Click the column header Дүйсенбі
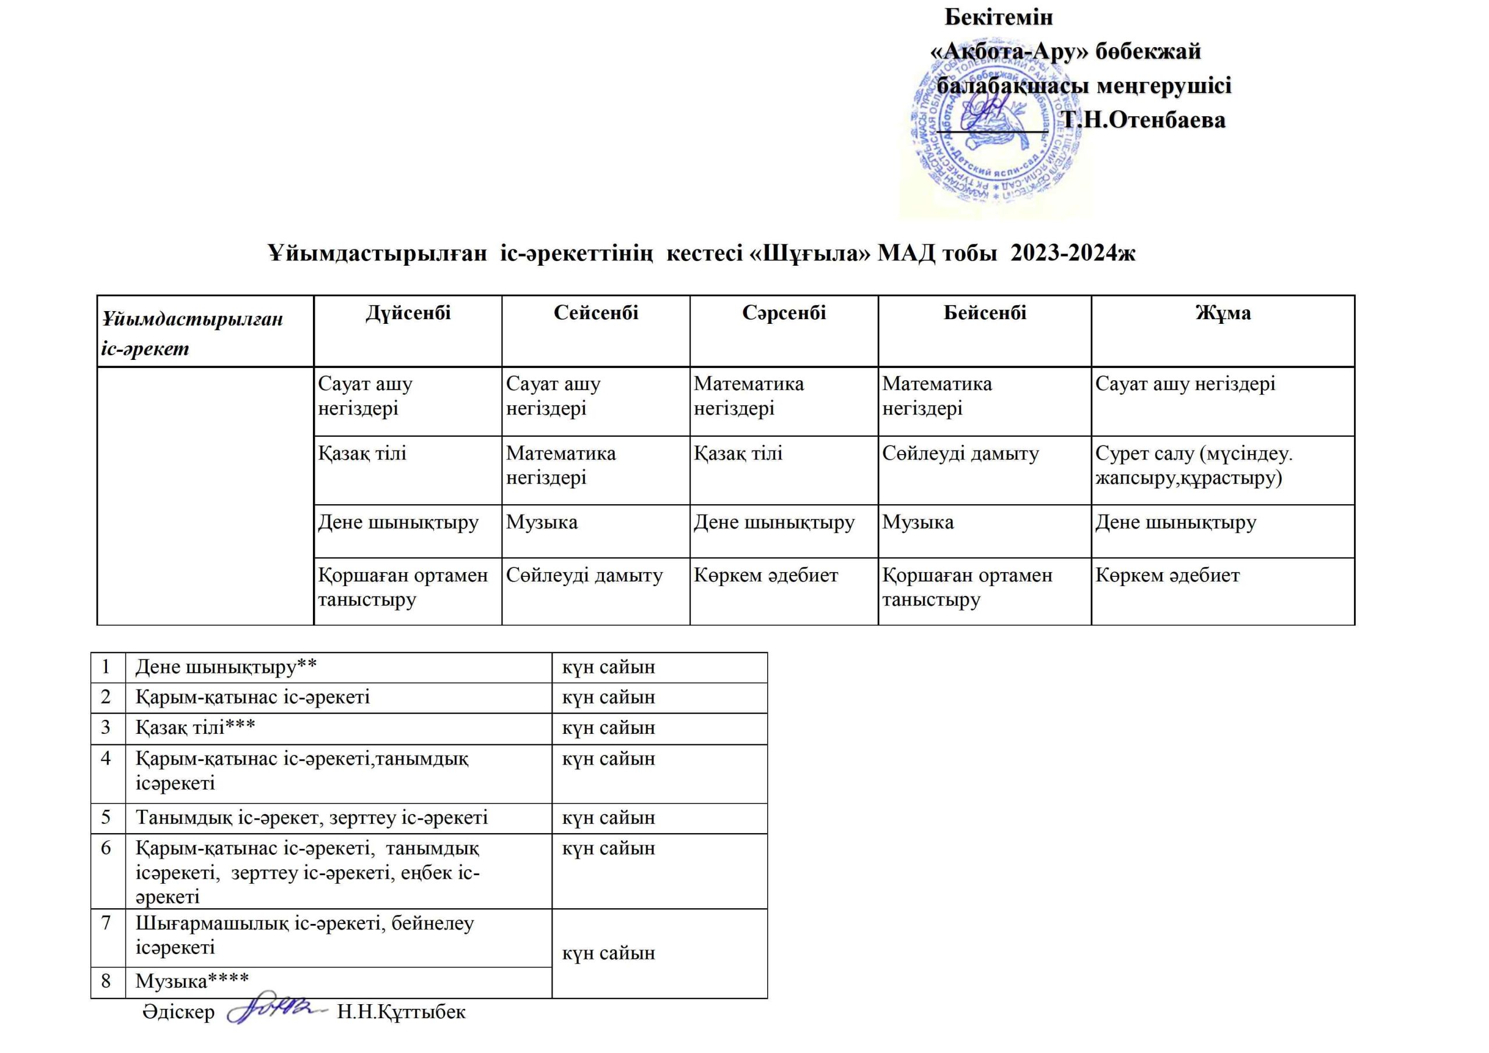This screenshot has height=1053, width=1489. [408, 313]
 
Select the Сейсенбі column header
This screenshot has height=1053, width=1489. [596, 313]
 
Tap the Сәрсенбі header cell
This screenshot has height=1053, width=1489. [784, 313]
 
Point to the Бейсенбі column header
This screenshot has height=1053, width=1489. [985, 313]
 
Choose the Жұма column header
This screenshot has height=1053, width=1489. [1223, 313]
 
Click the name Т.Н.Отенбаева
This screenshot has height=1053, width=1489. [1144, 120]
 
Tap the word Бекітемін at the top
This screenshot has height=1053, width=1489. [998, 17]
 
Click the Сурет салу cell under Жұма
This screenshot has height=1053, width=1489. [1194, 466]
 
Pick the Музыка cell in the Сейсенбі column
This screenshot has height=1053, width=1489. [542, 523]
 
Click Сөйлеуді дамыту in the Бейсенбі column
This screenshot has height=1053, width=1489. [960, 454]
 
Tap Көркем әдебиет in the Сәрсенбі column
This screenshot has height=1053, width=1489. [766, 576]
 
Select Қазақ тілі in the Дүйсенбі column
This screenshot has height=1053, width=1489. [362, 454]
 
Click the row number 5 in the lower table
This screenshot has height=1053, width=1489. [106, 817]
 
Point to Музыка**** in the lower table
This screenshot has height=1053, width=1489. [192, 981]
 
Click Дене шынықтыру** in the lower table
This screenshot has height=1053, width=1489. [226, 667]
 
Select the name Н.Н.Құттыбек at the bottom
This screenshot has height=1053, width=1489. [401, 1012]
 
